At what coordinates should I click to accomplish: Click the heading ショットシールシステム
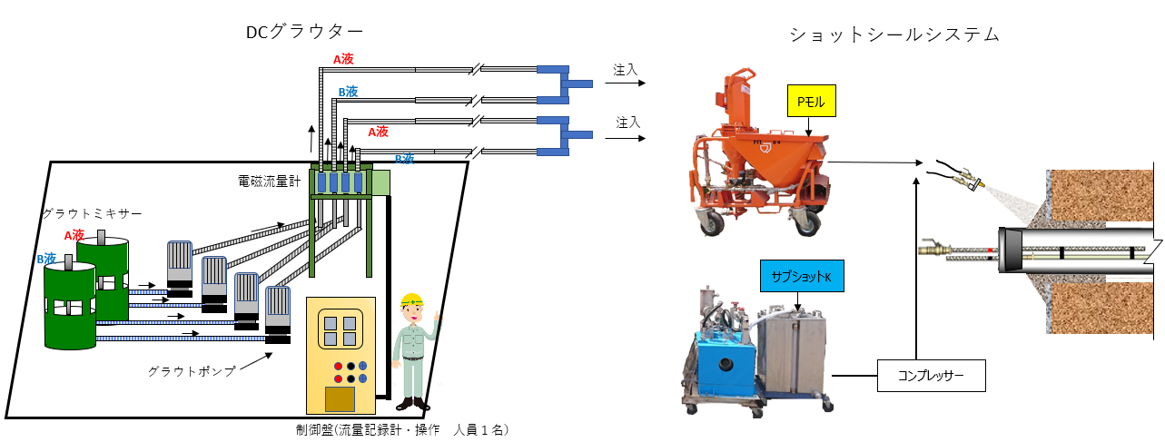[x=894, y=35]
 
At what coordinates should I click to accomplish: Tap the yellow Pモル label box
[x=811, y=103]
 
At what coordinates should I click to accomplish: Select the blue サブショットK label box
[x=802, y=276]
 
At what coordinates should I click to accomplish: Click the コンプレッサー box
[x=931, y=375]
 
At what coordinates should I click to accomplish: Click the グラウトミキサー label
[x=92, y=214]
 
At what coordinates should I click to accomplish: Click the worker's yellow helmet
[x=413, y=300]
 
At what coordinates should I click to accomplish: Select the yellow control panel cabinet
[x=341, y=354]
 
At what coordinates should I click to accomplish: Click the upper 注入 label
[x=626, y=69]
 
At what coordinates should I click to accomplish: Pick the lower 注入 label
[x=626, y=122]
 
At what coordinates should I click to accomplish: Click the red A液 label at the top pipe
[x=342, y=59]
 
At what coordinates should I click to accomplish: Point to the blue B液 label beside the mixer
[x=46, y=259]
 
